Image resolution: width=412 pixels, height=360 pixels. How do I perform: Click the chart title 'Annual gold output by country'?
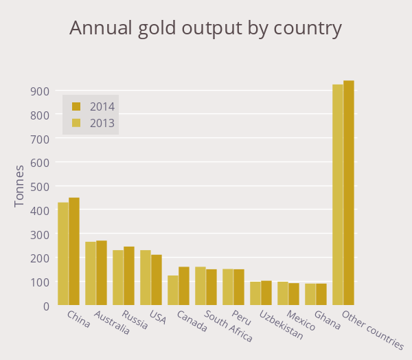pyautogui.click(x=205, y=29)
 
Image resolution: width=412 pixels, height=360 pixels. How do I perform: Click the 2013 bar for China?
pyautogui.click(x=63, y=254)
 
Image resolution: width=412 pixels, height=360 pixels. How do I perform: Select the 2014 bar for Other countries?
pyautogui.click(x=349, y=193)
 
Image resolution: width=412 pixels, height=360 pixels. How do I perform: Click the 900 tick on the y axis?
pyautogui.click(x=38, y=91)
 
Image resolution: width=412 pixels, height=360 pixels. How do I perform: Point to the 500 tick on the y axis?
pyautogui.click(x=38, y=187)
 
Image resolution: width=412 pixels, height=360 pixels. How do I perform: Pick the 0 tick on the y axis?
pyautogui.click(x=45, y=306)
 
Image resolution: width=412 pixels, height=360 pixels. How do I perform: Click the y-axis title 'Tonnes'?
pyautogui.click(x=19, y=185)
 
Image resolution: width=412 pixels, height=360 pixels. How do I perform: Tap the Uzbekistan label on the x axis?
pyautogui.click(x=282, y=325)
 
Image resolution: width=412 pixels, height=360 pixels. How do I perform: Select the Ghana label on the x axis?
pyautogui.click(x=328, y=321)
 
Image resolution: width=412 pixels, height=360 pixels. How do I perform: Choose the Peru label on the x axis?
pyautogui.click(x=241, y=317)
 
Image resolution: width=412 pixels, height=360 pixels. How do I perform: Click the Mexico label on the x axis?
pyautogui.click(x=301, y=321)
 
